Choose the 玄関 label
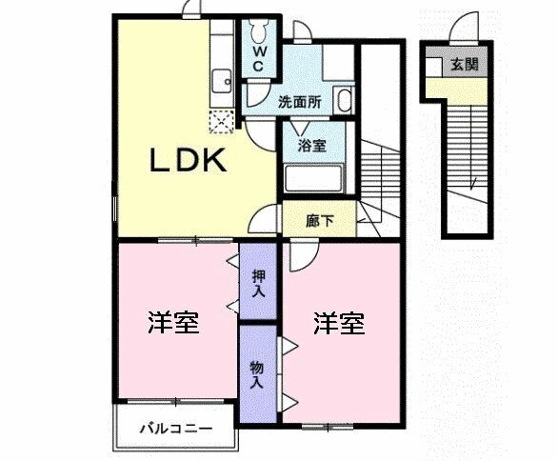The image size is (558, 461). click(464, 66)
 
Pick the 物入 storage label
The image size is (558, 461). click(257, 372)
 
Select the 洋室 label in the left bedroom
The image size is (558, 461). click(173, 323)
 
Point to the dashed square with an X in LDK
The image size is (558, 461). click(223, 121)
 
